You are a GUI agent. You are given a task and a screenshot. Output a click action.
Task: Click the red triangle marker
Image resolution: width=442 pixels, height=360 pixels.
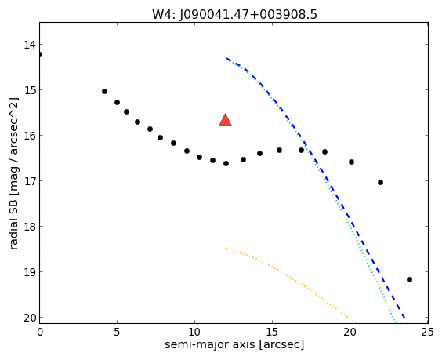point(225,120)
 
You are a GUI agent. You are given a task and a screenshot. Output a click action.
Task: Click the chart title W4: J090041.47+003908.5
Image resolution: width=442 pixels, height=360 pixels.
point(234,14)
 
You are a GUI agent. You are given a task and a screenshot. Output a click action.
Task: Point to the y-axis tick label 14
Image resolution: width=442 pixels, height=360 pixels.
point(29,45)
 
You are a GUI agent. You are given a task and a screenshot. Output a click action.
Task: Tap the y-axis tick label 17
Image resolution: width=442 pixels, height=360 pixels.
point(29,181)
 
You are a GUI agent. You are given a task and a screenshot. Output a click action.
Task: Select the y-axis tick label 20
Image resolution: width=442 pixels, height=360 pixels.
point(29,318)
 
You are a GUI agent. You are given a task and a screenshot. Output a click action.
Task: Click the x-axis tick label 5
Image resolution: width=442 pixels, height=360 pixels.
point(117,333)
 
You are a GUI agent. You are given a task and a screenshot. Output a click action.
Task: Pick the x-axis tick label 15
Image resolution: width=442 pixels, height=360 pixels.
point(272,333)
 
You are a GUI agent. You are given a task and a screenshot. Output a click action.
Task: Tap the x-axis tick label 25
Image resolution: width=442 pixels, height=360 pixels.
point(428,333)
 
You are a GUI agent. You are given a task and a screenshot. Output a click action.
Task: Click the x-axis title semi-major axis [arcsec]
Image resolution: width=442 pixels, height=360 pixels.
point(234,344)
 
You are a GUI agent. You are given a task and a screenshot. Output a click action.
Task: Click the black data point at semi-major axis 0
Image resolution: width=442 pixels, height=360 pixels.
point(39,54)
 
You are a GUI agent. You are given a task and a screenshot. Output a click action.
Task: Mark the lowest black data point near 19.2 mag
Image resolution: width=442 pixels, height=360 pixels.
point(409,279)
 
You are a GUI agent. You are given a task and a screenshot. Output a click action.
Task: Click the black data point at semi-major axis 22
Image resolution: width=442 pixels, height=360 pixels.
point(380,183)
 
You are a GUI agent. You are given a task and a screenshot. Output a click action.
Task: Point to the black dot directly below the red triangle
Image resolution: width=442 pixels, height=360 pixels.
point(226,163)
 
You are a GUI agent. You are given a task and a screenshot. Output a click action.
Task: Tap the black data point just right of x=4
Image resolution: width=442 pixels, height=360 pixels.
point(104,92)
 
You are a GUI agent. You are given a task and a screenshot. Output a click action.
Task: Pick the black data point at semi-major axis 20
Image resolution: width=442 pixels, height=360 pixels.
point(351,162)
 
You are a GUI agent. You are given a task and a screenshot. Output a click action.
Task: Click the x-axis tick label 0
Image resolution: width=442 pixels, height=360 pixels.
point(40,333)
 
